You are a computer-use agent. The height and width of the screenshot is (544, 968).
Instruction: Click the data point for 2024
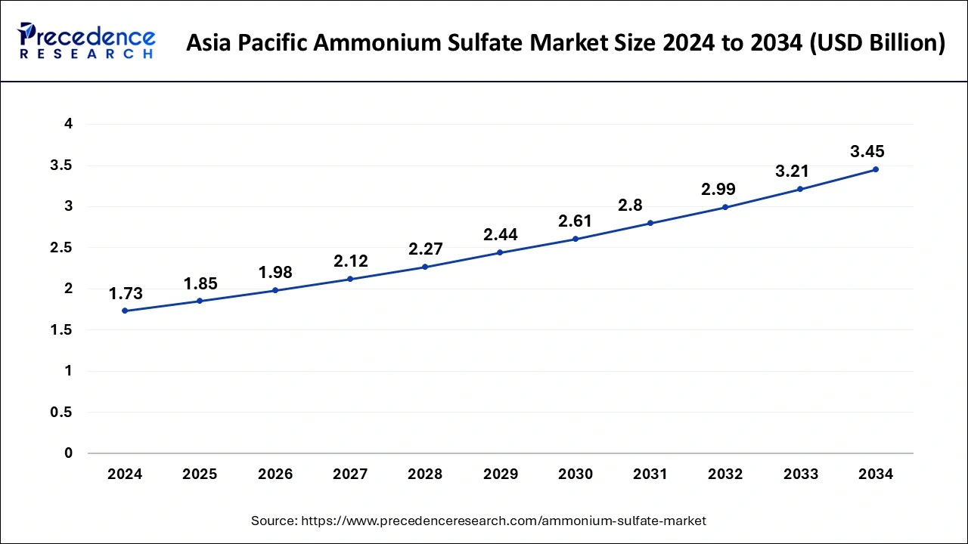[x=125, y=311]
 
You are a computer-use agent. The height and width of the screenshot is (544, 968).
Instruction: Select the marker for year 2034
[x=876, y=169]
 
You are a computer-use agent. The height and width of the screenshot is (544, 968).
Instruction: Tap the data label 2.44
[x=500, y=235]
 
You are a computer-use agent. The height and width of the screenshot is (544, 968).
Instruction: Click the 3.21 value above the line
[x=793, y=172]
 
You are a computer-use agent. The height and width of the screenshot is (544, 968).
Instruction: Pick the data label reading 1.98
[x=275, y=273]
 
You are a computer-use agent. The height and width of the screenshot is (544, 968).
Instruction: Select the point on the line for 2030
[x=576, y=239]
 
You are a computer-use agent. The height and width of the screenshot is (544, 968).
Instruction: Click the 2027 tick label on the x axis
[x=349, y=474]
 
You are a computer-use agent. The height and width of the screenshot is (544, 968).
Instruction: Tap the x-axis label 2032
[x=725, y=474]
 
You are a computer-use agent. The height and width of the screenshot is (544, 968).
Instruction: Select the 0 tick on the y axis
[x=68, y=453]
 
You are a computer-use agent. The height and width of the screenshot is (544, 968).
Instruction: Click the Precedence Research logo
[x=87, y=41]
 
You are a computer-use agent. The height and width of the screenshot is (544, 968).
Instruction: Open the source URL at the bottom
[x=479, y=521]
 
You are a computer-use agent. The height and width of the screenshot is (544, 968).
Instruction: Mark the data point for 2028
[x=425, y=267]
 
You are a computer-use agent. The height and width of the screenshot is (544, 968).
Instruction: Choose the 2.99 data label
[x=718, y=190]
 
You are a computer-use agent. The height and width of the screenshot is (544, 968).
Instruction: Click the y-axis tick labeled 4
[x=68, y=124]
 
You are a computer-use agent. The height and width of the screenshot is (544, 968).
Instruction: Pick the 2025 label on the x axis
[x=200, y=474]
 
